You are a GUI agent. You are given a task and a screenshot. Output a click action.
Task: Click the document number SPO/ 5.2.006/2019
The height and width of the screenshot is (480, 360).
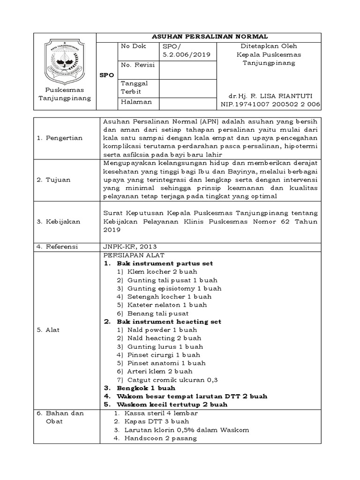(186, 51)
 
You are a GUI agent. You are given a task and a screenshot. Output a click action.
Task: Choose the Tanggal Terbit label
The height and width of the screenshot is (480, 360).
(135, 87)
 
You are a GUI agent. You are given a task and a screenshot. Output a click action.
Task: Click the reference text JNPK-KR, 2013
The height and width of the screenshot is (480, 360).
(130, 246)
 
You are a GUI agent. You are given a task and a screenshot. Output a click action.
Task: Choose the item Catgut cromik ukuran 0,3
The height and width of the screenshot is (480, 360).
(167, 380)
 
